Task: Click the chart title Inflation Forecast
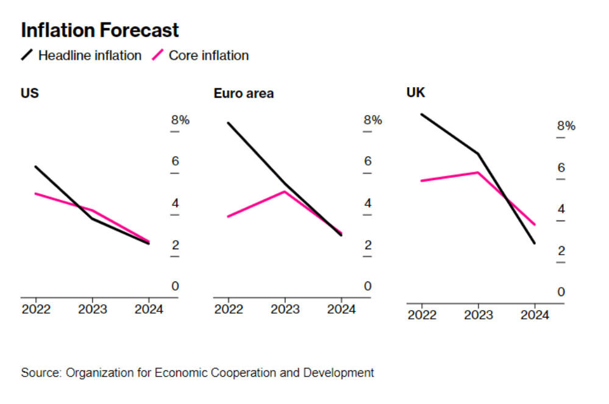(100, 30)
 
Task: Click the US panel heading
(30, 93)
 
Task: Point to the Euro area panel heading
(243, 93)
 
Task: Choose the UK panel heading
(416, 93)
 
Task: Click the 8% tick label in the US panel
(180, 120)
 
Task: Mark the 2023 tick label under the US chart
(92, 309)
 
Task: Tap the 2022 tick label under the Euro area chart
(228, 309)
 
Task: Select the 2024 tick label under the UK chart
(535, 315)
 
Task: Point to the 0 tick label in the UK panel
(561, 292)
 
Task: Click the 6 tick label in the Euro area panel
(368, 161)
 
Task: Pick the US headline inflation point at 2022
(35, 166)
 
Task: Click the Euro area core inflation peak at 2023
(285, 191)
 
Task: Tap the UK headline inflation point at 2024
(535, 244)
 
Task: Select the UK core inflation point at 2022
(421, 181)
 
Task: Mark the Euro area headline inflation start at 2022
(228, 122)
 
